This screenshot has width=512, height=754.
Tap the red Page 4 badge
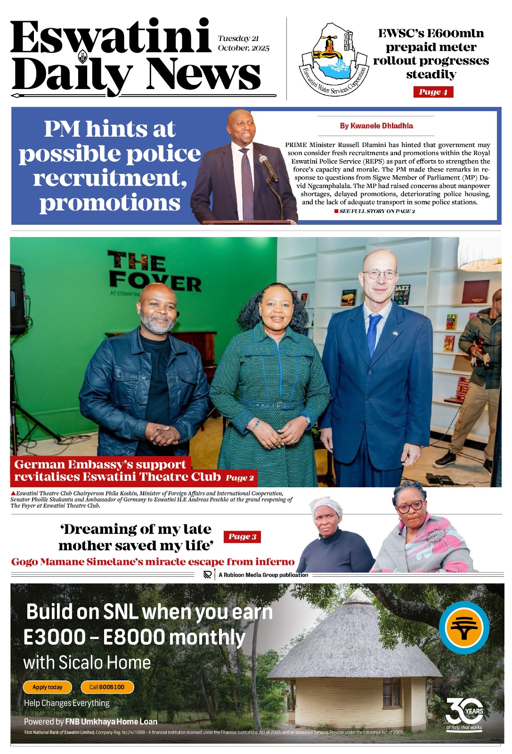(433, 92)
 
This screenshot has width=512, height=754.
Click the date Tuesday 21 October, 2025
(244, 43)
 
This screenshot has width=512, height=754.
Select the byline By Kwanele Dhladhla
(376, 126)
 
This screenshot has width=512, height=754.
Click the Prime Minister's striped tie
(247, 184)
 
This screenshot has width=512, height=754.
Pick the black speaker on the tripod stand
(18, 299)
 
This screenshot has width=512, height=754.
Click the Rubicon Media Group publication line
(263, 575)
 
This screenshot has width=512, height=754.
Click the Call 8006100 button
(107, 687)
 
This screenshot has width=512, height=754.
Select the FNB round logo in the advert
(464, 627)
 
